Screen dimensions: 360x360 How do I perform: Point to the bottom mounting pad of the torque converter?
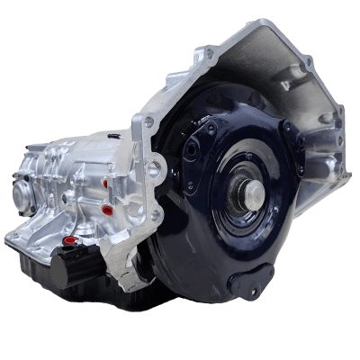(x=249, y=281)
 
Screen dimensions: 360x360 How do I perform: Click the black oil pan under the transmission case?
(x=54, y=270)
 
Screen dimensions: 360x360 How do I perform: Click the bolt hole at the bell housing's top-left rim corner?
(x=209, y=54)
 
